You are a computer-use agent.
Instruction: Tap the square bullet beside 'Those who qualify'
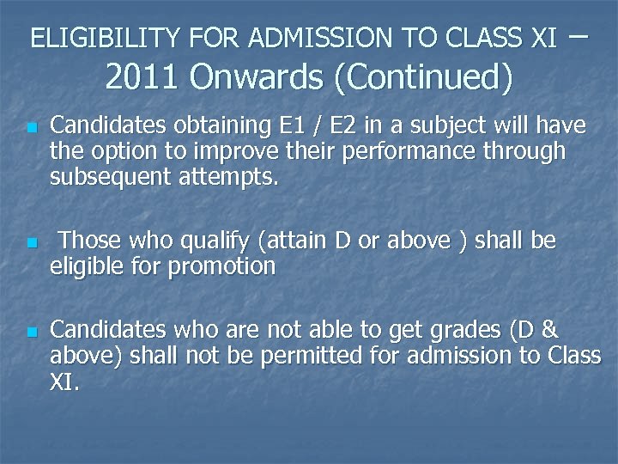(x=31, y=243)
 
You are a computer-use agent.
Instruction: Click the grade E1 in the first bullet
(x=294, y=126)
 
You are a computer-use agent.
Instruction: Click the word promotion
(x=221, y=267)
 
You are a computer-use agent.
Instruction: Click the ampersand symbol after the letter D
(x=551, y=330)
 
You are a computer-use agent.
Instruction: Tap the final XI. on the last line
(x=65, y=382)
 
